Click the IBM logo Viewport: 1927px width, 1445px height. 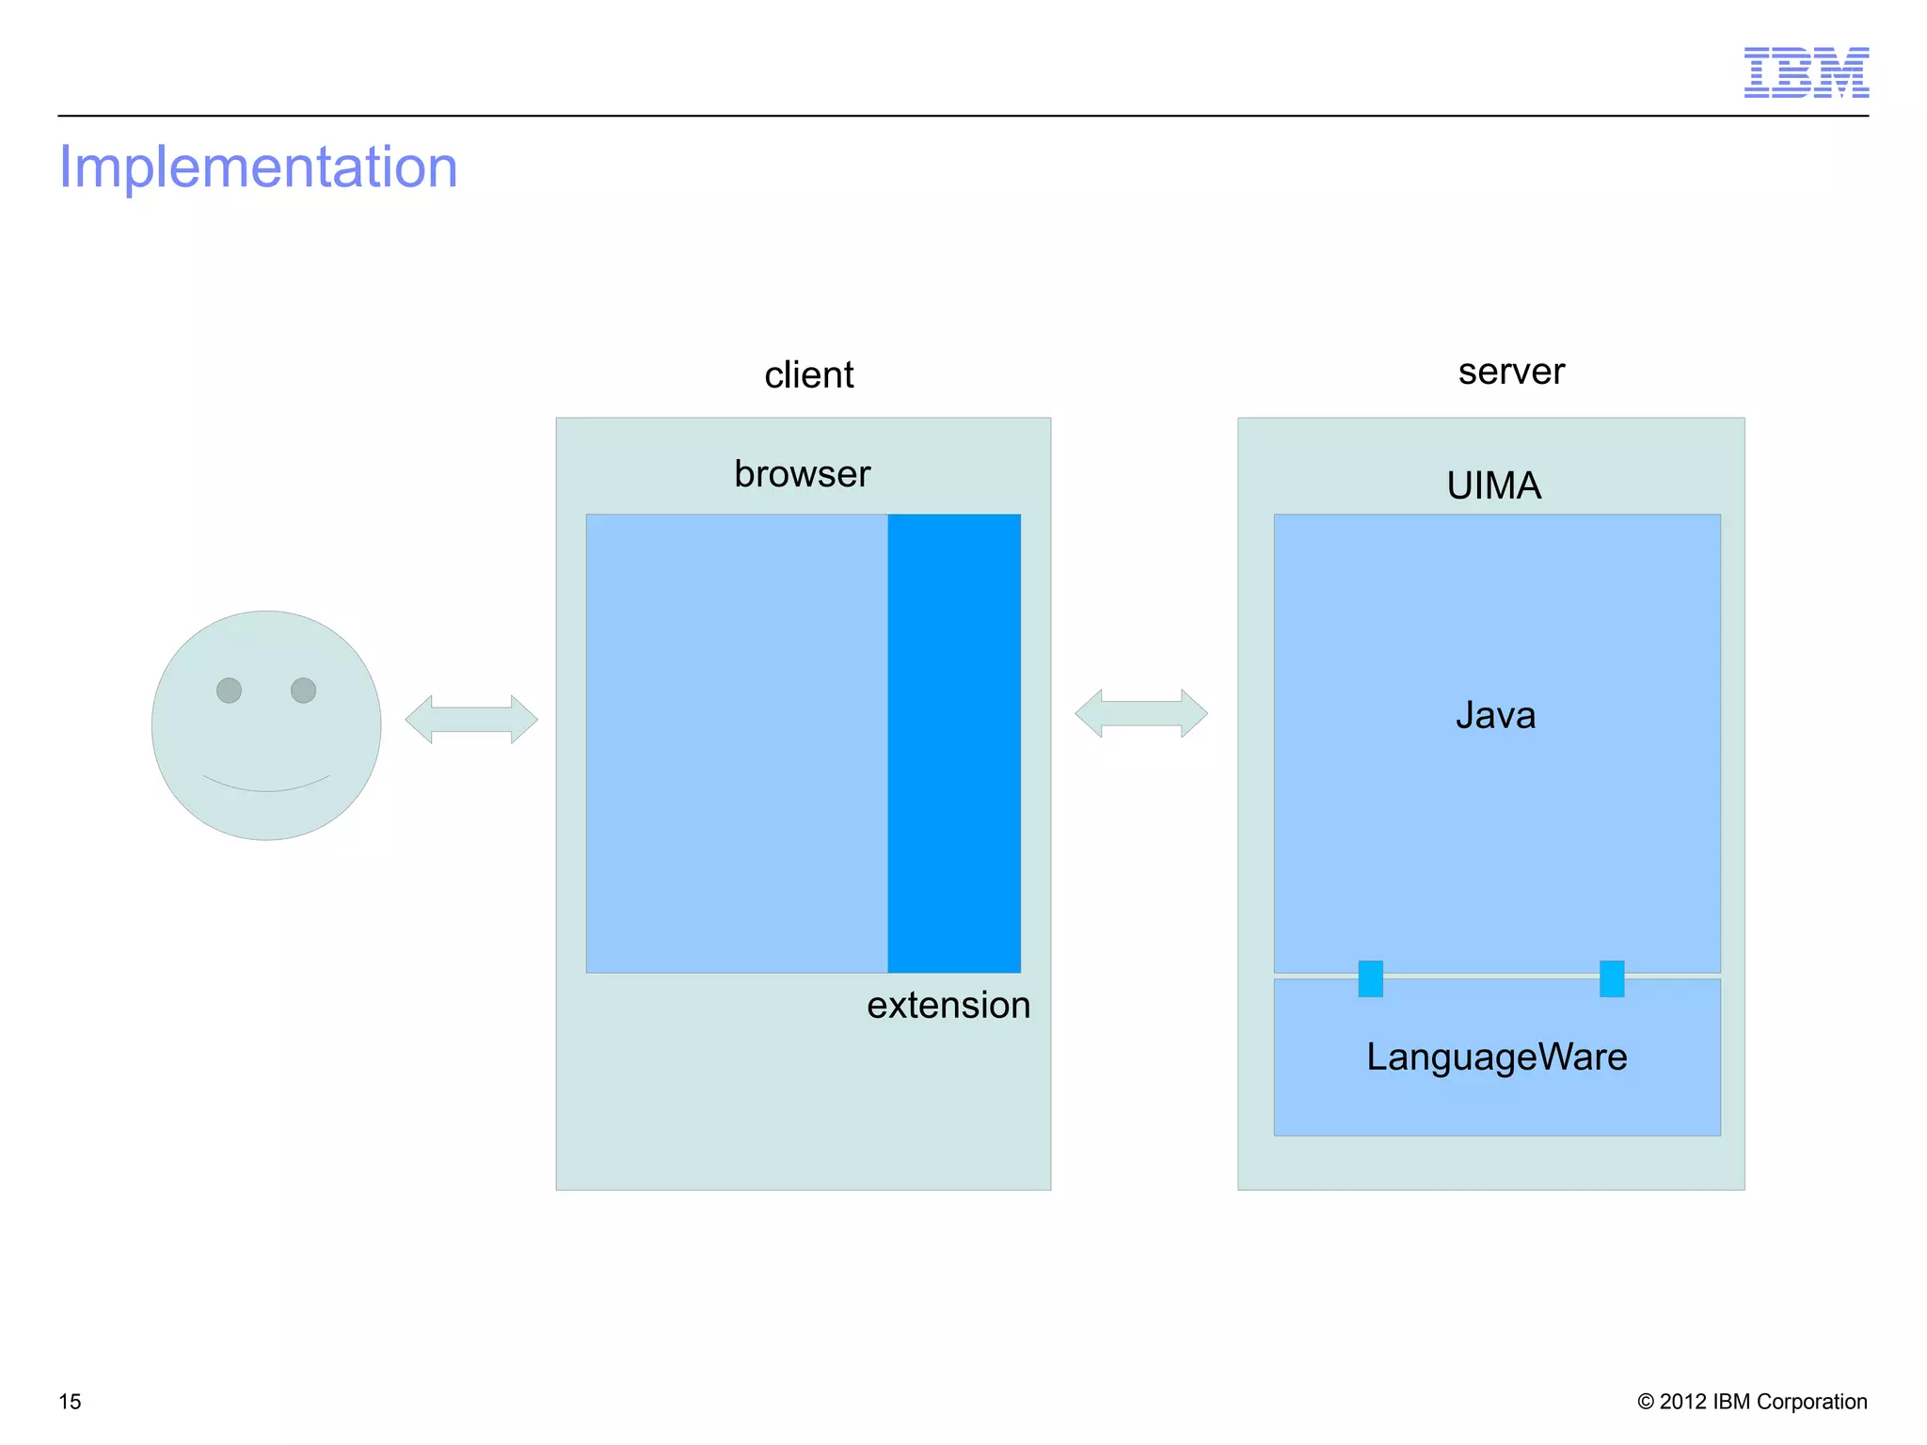tap(1806, 72)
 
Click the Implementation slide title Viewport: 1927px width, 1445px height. tap(258, 167)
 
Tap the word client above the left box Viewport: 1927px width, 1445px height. tap(808, 374)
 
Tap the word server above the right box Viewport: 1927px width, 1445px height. tap(1510, 371)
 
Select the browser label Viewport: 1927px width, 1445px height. tap(802, 473)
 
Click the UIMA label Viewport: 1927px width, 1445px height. tap(1493, 485)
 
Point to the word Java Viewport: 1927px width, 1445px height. tap(1495, 715)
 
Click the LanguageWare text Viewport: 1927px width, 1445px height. tap(1496, 1056)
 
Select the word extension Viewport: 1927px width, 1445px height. tap(948, 1005)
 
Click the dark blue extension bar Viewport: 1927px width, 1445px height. tap(953, 743)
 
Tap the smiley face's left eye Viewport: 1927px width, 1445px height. tap(229, 691)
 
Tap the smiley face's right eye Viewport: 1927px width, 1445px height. tap(303, 691)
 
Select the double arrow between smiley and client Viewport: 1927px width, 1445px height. tap(471, 720)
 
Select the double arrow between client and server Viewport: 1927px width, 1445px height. tap(1140, 713)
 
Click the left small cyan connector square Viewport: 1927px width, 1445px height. tap(1370, 978)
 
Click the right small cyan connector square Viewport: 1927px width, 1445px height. tap(1611, 978)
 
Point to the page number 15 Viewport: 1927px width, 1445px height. tap(70, 1402)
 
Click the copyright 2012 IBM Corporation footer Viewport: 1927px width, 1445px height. tap(1751, 1402)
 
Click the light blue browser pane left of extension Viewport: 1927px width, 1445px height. tap(736, 743)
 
